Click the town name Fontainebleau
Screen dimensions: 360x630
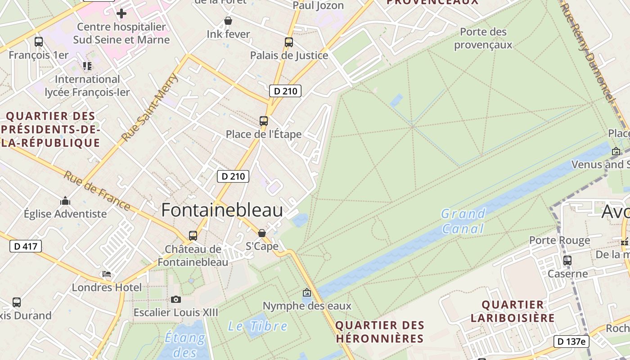click(x=222, y=210)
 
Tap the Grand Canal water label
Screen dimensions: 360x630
click(x=463, y=221)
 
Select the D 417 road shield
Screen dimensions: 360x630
click(x=26, y=246)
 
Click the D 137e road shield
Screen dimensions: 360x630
click(x=571, y=342)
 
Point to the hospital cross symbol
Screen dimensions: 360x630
click(x=121, y=13)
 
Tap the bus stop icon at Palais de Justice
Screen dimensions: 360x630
click(x=289, y=42)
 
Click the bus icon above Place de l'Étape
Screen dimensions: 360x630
click(x=264, y=121)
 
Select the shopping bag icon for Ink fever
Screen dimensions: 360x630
click(x=228, y=21)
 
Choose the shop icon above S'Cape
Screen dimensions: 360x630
click(x=262, y=233)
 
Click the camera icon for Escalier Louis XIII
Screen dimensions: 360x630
click(x=176, y=299)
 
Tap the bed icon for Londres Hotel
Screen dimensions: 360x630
click(x=107, y=274)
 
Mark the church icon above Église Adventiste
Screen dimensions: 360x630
click(x=65, y=200)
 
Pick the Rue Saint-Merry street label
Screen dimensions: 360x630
click(x=150, y=108)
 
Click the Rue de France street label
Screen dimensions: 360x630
click(x=96, y=191)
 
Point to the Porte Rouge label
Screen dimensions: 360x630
click(x=559, y=240)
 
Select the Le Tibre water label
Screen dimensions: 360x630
click(x=257, y=326)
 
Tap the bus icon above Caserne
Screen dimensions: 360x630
click(x=567, y=260)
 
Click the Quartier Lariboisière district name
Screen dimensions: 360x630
click(x=513, y=311)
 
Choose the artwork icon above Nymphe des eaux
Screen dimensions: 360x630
click(x=307, y=293)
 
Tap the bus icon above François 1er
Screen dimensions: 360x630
click(x=39, y=42)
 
